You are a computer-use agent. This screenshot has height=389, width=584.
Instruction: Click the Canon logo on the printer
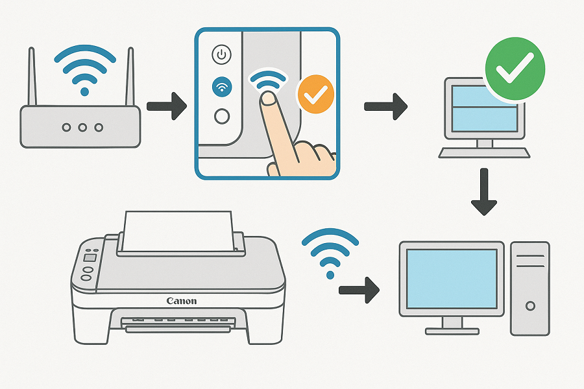tap(181, 300)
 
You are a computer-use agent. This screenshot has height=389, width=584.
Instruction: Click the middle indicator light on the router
tap(82, 128)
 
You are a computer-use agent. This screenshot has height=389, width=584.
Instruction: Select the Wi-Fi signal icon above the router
tap(82, 68)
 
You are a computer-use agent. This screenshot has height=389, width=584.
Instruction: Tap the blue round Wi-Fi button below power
tap(222, 86)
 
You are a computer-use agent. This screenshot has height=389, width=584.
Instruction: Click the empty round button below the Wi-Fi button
tap(222, 116)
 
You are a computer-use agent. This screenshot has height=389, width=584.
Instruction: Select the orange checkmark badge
tap(315, 95)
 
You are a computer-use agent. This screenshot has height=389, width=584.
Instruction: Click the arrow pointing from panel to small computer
tap(385, 106)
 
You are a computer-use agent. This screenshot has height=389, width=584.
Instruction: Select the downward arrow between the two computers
tap(483, 191)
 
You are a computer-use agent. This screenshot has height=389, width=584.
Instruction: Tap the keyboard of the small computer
tap(484, 153)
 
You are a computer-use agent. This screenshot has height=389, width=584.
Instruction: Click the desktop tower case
tap(529, 288)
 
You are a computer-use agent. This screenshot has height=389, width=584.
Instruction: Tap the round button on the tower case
tap(530, 305)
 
